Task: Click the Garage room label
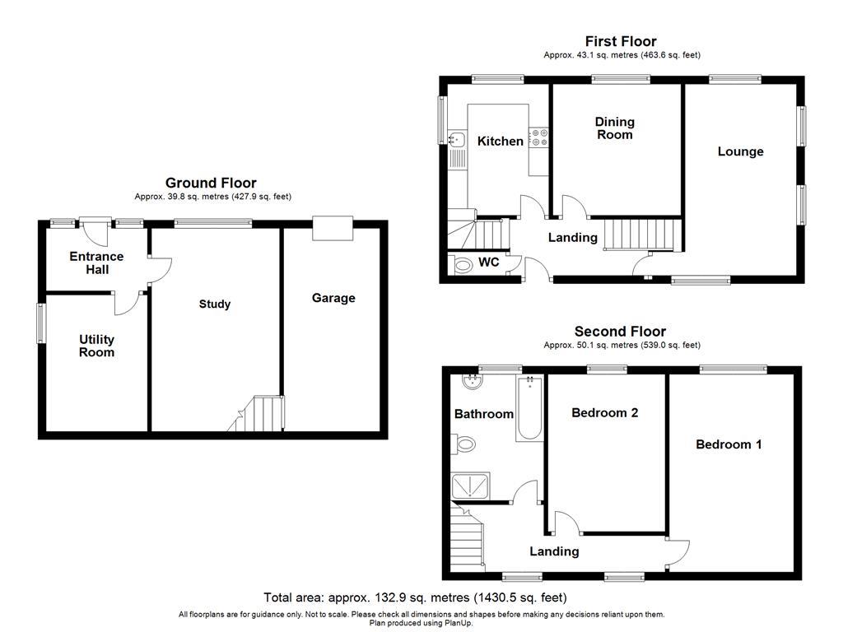tap(333, 298)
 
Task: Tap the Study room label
tap(215, 304)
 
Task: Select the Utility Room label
tap(97, 346)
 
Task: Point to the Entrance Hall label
tap(95, 263)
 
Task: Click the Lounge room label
tap(740, 151)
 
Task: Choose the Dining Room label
tap(615, 128)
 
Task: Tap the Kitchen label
tap(500, 142)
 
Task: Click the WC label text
tap(489, 264)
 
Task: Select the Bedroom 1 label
tap(729, 444)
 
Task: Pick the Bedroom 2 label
tap(605, 413)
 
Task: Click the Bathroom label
tap(484, 414)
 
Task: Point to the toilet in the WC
tap(461, 265)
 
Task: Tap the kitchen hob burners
tap(539, 137)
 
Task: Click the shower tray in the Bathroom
tap(471, 486)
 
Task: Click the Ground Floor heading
tap(211, 183)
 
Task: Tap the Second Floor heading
tap(621, 332)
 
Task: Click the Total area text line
tap(415, 597)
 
